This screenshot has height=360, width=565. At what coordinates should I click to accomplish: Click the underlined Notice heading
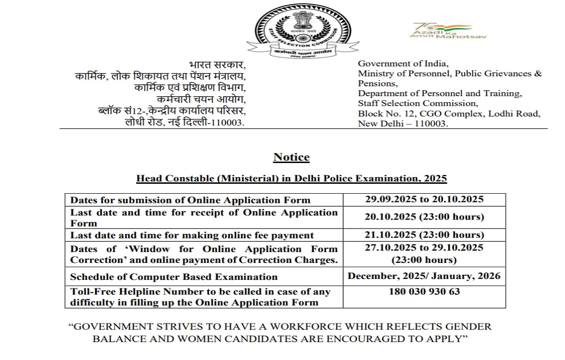291,157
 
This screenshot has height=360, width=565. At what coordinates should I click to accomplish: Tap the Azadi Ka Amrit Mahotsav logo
447,31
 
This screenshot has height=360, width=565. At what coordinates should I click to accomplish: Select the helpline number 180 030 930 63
424,292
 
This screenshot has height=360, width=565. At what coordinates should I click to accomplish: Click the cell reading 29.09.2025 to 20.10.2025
424,199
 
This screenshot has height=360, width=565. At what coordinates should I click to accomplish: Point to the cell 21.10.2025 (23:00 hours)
424,235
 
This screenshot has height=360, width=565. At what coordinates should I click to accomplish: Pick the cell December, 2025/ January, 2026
424,276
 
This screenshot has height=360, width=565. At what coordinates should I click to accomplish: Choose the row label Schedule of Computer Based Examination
174,277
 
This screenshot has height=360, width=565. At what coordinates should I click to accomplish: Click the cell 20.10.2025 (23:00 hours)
424,217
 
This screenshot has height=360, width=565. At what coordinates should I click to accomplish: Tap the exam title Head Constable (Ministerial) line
291,179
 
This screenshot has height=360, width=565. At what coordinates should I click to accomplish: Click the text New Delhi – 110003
403,123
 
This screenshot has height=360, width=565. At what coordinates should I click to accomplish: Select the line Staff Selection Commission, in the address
418,103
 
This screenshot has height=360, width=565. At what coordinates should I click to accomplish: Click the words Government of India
403,63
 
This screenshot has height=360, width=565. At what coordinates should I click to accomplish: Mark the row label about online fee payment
192,235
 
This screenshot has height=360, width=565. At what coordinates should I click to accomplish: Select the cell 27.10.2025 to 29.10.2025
424,248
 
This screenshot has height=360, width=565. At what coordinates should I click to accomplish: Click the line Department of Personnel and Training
440,93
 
